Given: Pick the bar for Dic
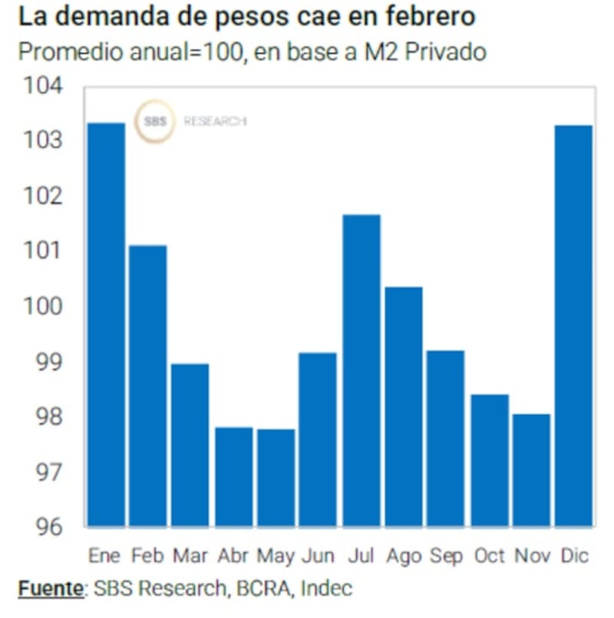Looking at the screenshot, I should pos(573,326).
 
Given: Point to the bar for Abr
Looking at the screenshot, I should pos(233,477).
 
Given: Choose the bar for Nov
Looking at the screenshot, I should pos(530,470).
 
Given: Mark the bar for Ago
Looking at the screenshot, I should pos(403,406).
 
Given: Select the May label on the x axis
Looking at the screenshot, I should pos(276,554).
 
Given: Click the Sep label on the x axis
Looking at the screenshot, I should pos(446,554).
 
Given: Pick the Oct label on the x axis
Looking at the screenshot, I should pos(488,554).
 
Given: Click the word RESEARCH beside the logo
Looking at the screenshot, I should pos(215,121).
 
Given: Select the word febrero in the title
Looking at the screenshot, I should pos(430,18).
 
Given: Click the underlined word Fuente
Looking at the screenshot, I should pos(50,589).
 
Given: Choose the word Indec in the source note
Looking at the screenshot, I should pos(326,589).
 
